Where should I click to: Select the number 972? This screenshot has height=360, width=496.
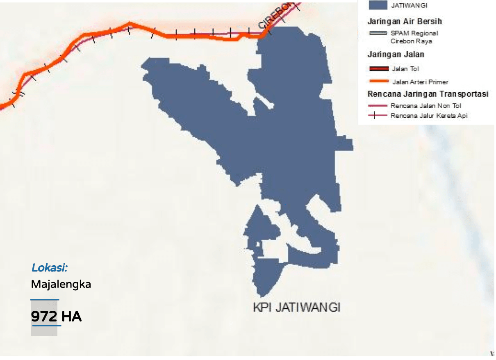(x=44, y=317)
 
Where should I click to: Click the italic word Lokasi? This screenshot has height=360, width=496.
(x=50, y=268)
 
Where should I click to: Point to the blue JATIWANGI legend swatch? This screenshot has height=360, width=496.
(x=378, y=5)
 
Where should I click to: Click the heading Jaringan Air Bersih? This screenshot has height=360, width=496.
(x=405, y=21)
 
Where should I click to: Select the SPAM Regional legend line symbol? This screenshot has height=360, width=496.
(x=378, y=33)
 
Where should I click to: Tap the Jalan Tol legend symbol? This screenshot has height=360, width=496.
(x=379, y=68)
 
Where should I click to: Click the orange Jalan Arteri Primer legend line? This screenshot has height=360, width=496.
(x=379, y=81)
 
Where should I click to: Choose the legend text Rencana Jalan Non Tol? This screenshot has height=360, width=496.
(x=426, y=106)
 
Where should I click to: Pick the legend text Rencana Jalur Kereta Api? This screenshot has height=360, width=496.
(x=429, y=116)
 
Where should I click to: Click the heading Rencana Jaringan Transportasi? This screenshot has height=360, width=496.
(x=428, y=94)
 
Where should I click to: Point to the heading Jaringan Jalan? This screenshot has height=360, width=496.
(x=396, y=54)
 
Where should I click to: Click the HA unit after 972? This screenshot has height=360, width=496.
(x=72, y=317)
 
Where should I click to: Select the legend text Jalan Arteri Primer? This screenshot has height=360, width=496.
(x=420, y=82)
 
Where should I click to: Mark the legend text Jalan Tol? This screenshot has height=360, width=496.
(x=405, y=69)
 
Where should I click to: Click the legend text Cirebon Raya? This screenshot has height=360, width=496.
(x=411, y=41)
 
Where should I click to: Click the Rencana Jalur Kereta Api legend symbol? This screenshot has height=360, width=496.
(x=378, y=116)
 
